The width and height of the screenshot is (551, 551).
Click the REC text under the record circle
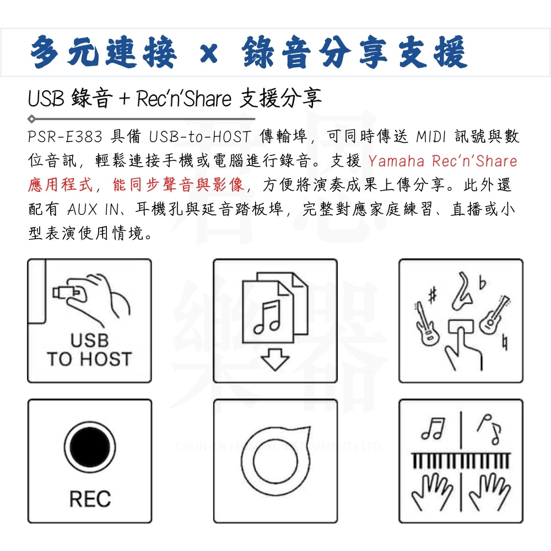[x=90, y=499]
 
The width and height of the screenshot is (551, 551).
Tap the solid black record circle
[x=90, y=447]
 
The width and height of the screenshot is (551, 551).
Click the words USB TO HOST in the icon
[x=90, y=350]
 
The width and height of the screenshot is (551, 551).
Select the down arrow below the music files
[x=275, y=359]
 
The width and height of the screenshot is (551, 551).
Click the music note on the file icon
[x=267, y=317]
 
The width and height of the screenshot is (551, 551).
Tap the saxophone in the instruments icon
[x=463, y=291]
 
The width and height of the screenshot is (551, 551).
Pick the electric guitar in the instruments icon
[x=426, y=323]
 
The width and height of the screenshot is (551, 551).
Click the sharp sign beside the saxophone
[x=433, y=294]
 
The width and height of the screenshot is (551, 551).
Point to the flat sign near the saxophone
[x=483, y=283]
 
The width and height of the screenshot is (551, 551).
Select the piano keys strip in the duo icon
[x=461, y=460]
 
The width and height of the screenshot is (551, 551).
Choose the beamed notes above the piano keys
[x=433, y=429]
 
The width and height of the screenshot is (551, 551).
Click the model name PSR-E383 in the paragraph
[x=65, y=136]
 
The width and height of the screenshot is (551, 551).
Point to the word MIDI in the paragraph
[x=431, y=136]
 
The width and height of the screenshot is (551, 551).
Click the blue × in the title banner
[x=209, y=54]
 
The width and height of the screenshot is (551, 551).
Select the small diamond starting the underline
[x=31, y=119]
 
